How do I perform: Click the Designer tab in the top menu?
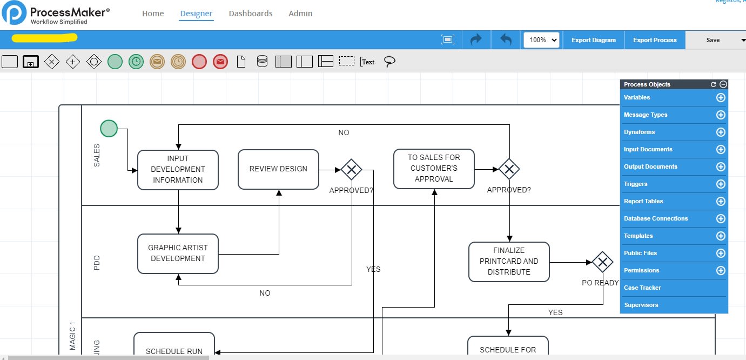coord(196,14)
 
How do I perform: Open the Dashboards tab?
coord(251,14)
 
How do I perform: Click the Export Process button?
coord(655,40)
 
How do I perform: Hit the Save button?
coord(713,40)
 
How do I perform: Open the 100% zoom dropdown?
coord(541,40)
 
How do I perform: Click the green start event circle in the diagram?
coord(109,129)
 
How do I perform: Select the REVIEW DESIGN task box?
coord(278,169)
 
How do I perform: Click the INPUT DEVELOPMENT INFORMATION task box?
coord(178,170)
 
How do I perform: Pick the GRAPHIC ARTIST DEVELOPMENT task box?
coord(178,254)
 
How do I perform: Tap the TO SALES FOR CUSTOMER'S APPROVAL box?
coord(434,169)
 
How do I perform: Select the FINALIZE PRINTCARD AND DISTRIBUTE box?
coord(509,262)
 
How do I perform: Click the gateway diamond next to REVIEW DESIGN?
coord(351,170)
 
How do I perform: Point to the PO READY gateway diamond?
coord(602,263)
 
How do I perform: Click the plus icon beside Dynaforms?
coord(720,132)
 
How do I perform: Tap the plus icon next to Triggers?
coord(720,184)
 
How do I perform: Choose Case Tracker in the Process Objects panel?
coord(642,288)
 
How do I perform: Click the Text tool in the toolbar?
coord(367,62)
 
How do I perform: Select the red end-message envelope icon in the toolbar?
coord(220,62)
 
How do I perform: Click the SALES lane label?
coord(97,155)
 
